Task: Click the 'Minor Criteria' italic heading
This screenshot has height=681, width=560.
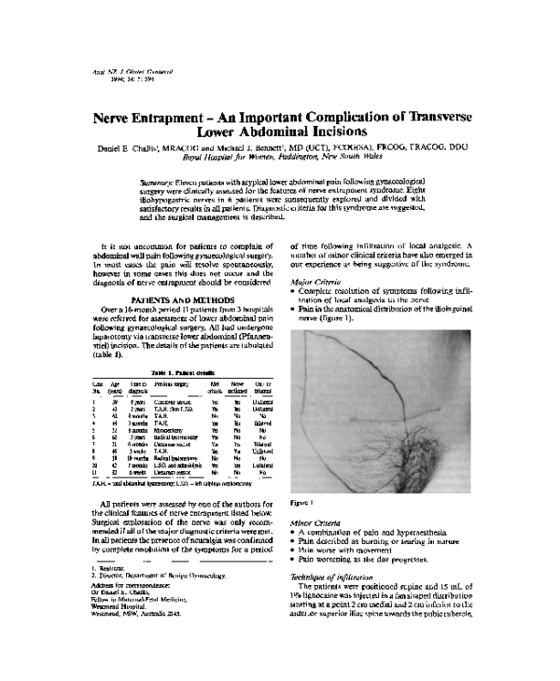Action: pos(315,523)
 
